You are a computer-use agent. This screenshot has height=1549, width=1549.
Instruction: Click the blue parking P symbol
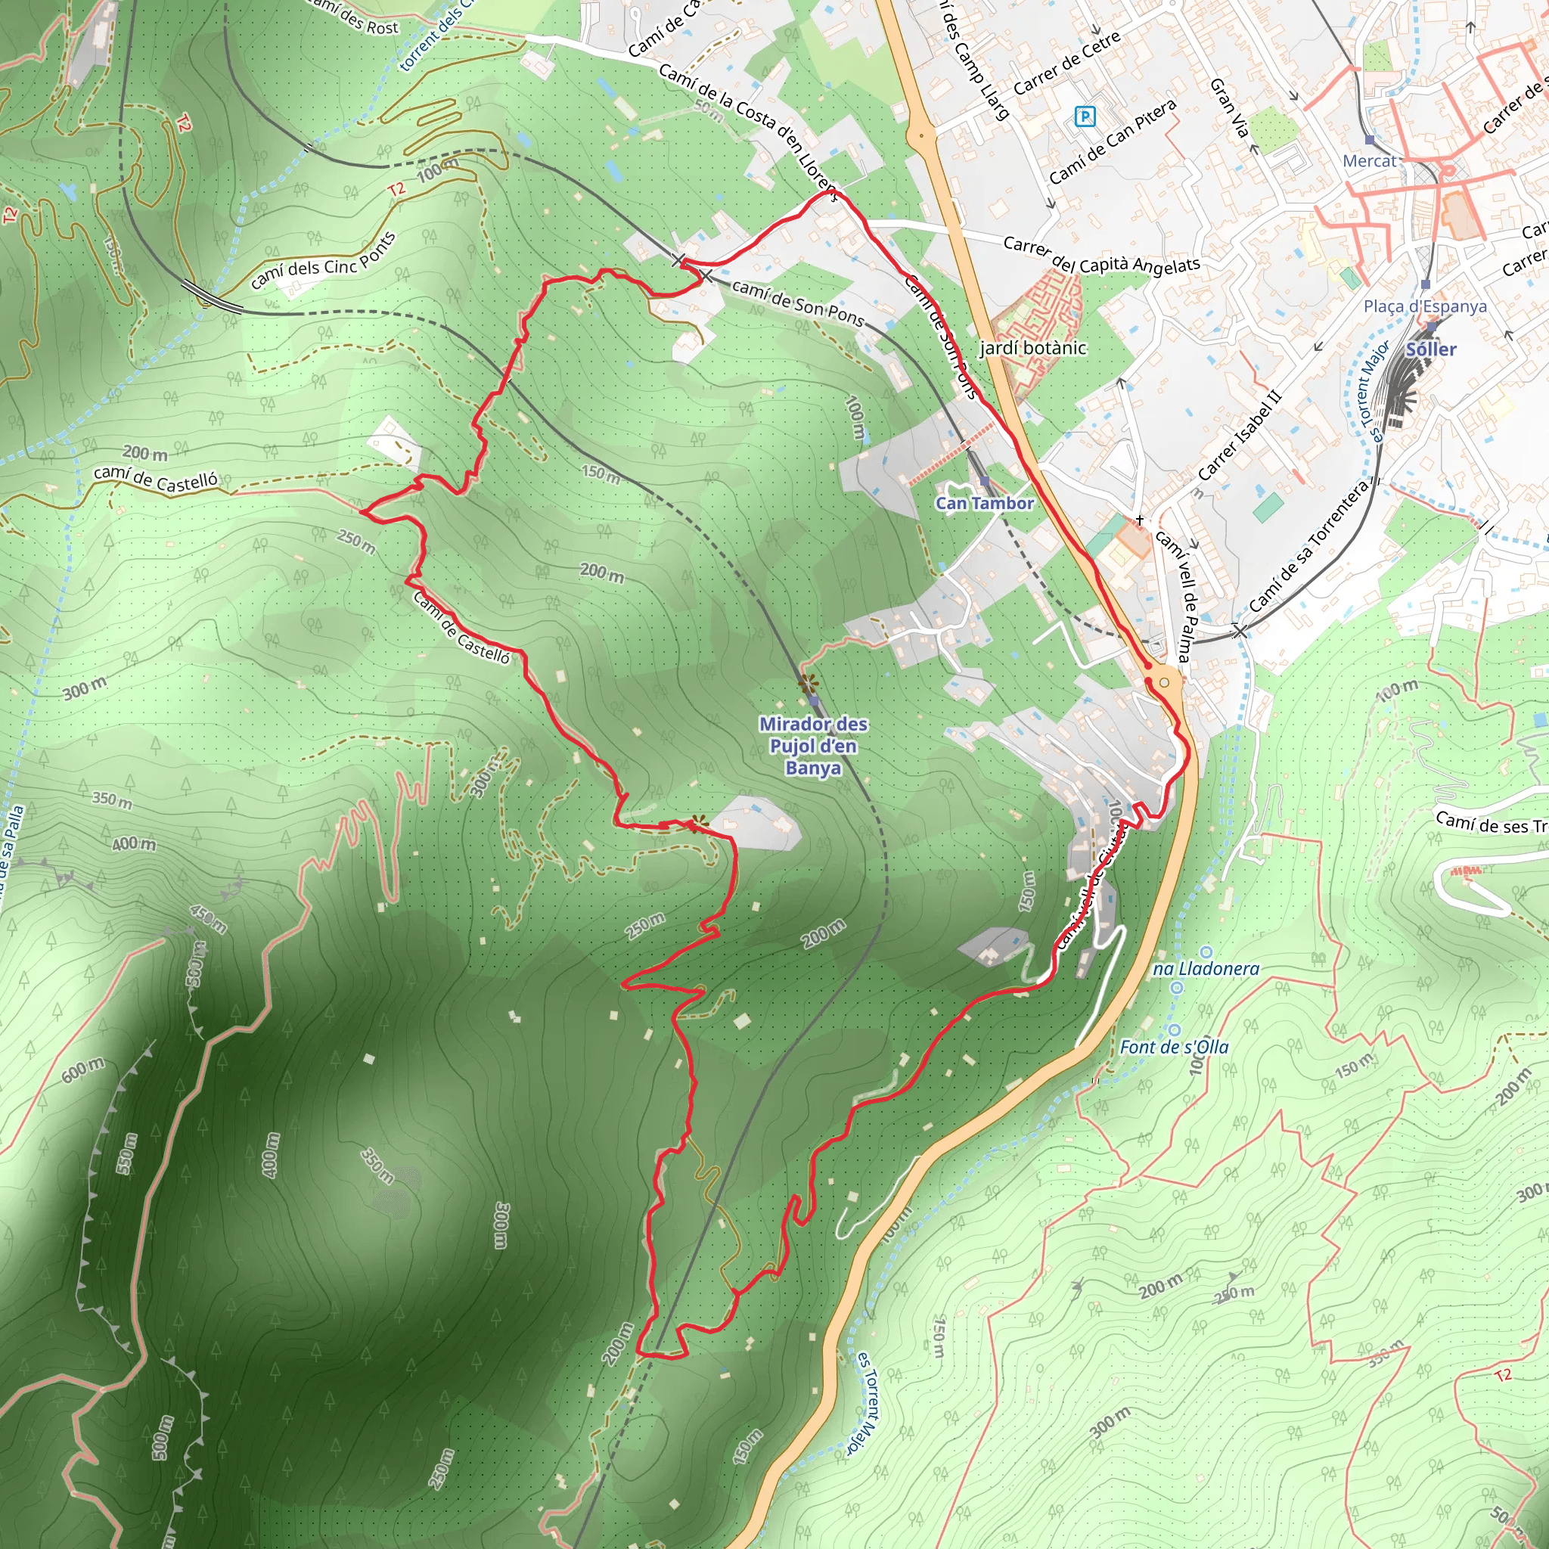point(1084,117)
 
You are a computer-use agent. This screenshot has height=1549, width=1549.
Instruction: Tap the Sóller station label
point(1431,349)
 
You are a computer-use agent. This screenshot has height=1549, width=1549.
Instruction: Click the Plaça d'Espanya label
point(1425,306)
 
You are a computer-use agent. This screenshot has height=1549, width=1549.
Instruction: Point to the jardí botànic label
point(1032,348)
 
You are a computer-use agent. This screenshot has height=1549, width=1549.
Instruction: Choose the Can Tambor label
point(985,504)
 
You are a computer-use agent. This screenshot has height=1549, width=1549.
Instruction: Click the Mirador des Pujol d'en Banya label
point(813,746)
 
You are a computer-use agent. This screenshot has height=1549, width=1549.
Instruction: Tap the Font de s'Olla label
point(1174,1047)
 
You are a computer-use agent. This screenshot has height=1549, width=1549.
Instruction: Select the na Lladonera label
point(1206,970)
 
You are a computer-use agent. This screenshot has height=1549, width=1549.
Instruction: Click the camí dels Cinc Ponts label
point(323,261)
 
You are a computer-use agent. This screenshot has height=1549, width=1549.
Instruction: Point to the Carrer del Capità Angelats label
point(1101,254)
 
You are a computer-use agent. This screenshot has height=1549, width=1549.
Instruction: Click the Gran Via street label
point(1229,107)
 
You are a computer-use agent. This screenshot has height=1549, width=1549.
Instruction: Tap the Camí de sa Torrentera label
point(1308,547)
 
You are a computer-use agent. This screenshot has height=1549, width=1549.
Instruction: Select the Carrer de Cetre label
point(1066,64)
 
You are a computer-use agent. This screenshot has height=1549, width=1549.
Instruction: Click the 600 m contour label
point(83,1069)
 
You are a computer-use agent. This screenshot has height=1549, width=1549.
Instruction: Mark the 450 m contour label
point(209,919)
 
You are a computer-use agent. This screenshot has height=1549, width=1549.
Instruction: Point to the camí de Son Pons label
point(797,303)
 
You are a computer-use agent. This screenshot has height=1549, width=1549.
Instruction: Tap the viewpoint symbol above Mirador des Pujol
point(807,683)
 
